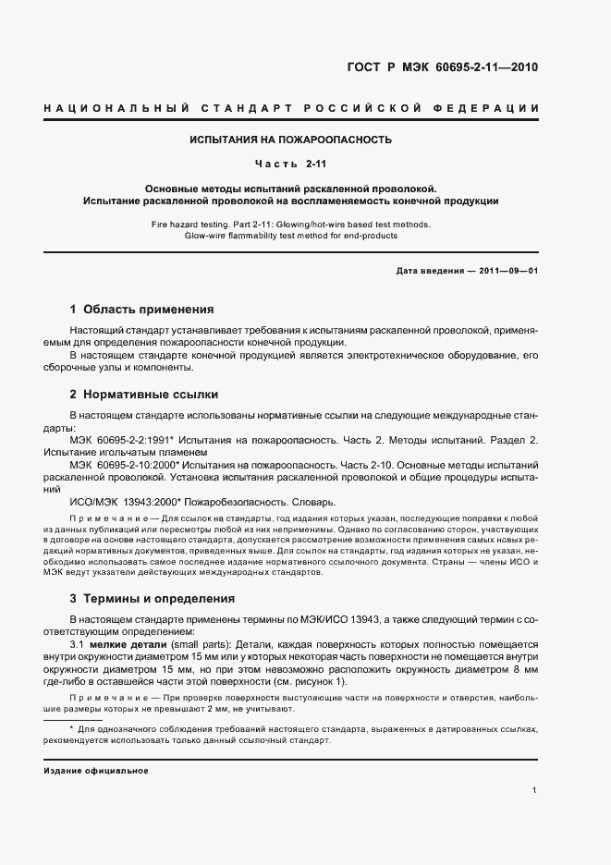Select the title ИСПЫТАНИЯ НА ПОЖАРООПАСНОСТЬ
pos(290,140)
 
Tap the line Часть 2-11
pos(290,164)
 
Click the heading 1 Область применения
pos(141,310)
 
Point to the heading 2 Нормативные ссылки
pos(144,395)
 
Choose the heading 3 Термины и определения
pos(153,599)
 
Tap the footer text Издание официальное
pos(96,770)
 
